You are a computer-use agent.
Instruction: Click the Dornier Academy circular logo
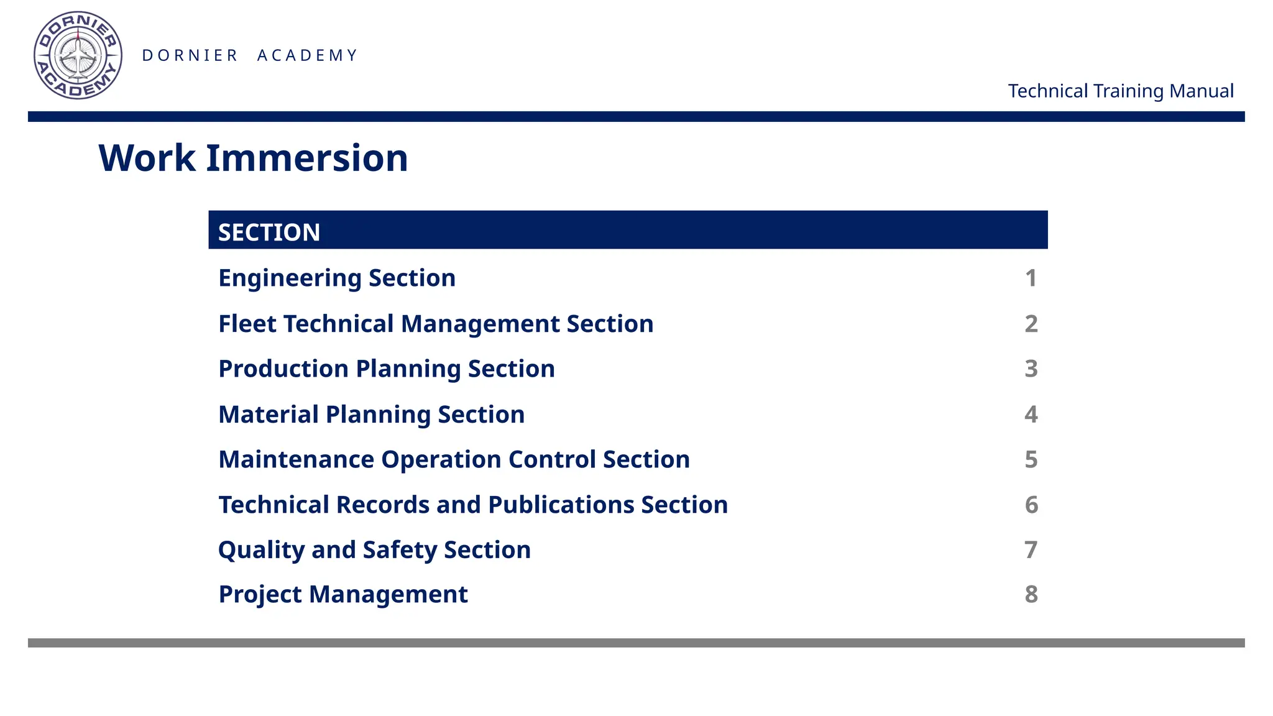78,55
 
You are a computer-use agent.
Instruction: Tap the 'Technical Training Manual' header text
1120,91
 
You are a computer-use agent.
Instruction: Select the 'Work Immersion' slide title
253,158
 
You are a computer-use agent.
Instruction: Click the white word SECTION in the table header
269,232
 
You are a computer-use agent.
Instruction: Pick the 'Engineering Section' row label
337,278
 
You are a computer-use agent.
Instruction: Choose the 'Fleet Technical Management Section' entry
436,324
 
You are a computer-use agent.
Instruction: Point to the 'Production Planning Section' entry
387,369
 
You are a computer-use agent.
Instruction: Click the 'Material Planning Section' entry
372,415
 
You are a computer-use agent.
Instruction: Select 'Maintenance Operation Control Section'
454,459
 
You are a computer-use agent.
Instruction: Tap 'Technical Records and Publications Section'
473,505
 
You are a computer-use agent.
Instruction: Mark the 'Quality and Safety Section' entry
374,550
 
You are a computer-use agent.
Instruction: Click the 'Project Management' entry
343,594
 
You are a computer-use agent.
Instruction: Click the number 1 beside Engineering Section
1031,278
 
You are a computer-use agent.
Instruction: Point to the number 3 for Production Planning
1031,369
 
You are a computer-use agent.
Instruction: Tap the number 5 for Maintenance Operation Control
1031,459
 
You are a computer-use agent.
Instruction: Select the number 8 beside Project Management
1031,594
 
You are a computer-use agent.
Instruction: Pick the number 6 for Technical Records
1031,505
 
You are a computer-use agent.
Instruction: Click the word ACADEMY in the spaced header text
308,55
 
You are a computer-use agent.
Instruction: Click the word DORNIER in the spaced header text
190,55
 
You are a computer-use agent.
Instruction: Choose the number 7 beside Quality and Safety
1031,550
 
